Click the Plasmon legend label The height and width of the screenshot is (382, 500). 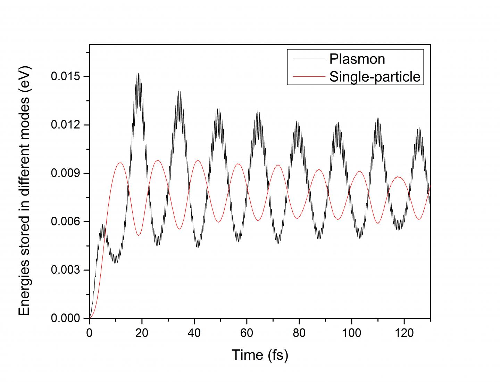pyautogui.click(x=357, y=59)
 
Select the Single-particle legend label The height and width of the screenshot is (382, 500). pyautogui.click(x=375, y=77)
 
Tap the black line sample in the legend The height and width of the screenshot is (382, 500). pyautogui.click(x=308, y=59)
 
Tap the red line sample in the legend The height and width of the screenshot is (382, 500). pyautogui.click(x=308, y=77)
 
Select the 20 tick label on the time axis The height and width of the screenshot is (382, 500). pyautogui.click(x=142, y=333)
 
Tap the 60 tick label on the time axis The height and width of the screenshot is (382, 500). pyautogui.click(x=247, y=333)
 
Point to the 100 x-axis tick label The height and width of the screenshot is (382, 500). pyautogui.click(x=351, y=333)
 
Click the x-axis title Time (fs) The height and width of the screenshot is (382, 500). pyautogui.click(x=260, y=355)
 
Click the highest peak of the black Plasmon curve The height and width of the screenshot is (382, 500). pyautogui.click(x=138, y=74)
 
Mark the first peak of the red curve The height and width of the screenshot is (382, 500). pyautogui.click(x=120, y=163)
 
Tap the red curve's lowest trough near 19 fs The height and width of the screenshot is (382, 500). pyautogui.click(x=139, y=235)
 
